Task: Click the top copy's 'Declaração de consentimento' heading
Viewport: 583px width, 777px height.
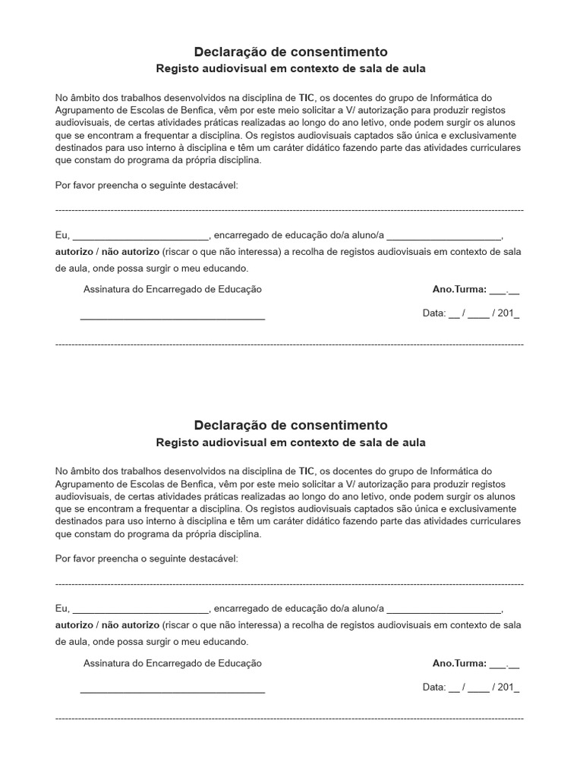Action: click(291, 52)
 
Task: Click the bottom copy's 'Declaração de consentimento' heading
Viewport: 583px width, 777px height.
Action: click(291, 425)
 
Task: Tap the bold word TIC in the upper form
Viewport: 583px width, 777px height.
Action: click(307, 98)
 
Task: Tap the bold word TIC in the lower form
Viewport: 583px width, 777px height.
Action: click(307, 471)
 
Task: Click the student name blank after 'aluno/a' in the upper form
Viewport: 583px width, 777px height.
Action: click(443, 236)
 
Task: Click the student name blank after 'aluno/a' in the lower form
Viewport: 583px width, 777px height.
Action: click(443, 609)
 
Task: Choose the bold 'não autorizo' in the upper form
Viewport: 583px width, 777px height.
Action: click(130, 252)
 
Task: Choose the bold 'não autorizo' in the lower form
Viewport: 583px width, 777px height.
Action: click(130, 625)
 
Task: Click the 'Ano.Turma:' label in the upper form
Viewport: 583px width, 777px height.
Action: click(459, 289)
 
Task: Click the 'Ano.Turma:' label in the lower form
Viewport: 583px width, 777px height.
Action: click(459, 663)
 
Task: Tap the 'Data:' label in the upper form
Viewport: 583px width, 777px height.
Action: click(434, 313)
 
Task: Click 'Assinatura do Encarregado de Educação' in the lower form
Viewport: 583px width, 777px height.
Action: click(172, 663)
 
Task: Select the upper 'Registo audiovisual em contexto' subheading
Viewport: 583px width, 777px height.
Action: click(291, 68)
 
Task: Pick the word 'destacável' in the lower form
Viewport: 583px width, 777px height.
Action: click(215, 558)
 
